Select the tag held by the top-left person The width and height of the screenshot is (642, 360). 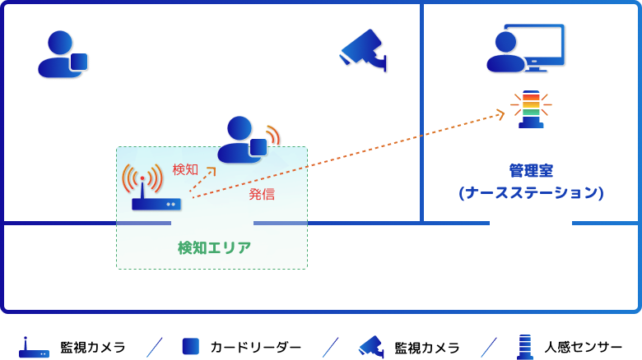tap(79, 62)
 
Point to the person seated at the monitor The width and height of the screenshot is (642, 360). tap(505, 53)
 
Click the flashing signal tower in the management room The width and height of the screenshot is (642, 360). tap(531, 108)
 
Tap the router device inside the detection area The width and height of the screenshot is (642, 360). tap(156, 201)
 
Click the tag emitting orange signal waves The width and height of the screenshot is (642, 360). tap(258, 147)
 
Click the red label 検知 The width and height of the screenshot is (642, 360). tap(185, 169)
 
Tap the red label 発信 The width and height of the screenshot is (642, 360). tap(262, 194)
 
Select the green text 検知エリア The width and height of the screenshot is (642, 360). tap(215, 247)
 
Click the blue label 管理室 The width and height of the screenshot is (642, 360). tap(531, 170)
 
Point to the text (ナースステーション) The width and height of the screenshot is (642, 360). tap(531, 192)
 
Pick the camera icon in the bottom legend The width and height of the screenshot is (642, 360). tap(371, 347)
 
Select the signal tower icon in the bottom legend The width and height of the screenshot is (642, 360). tap(524, 347)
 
